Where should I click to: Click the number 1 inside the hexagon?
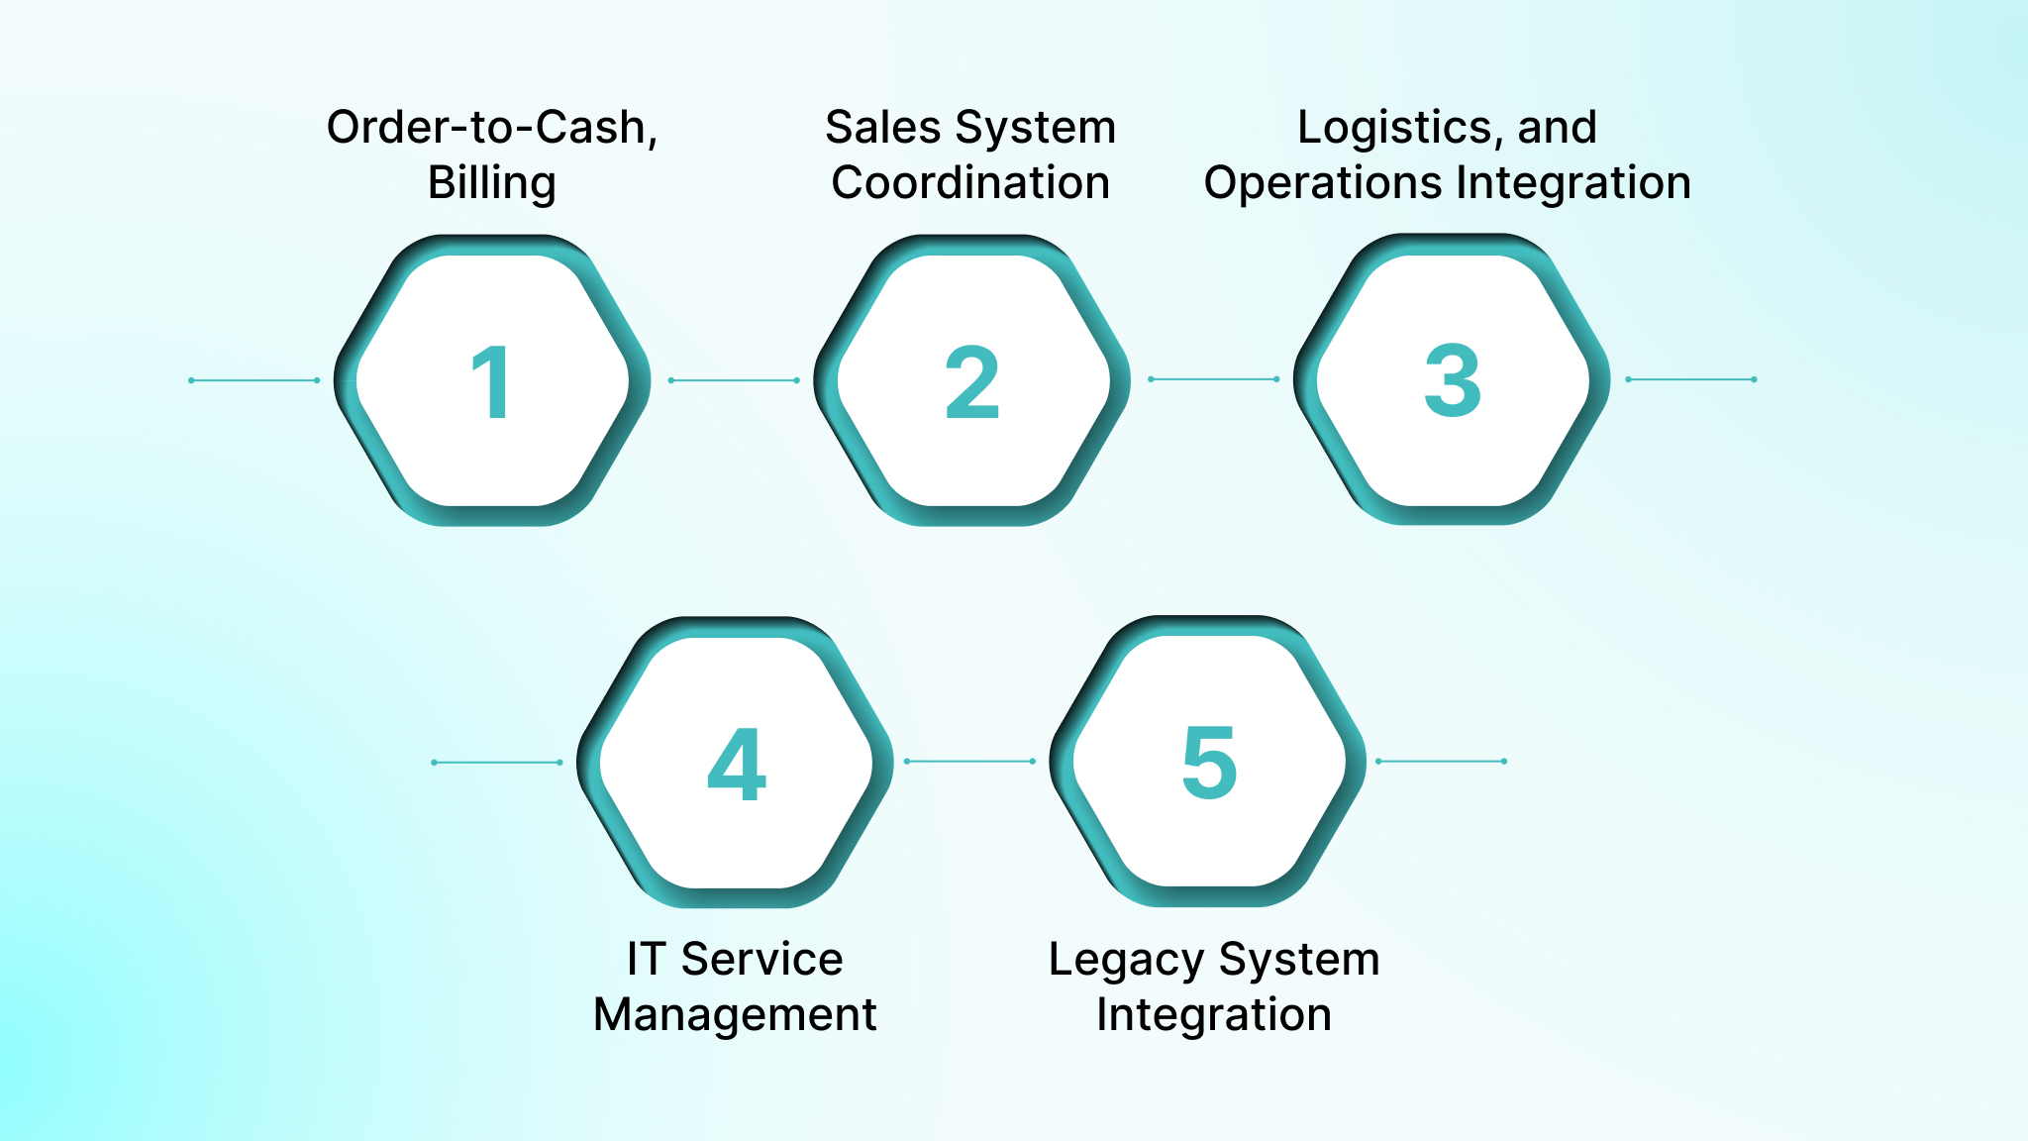[x=491, y=382]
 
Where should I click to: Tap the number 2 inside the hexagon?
[x=971, y=382]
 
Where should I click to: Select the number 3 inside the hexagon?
[x=1452, y=380]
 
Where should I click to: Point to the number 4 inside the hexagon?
[x=737, y=764]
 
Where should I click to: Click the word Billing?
[x=491, y=183]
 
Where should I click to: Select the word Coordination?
[x=970, y=183]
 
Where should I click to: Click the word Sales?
[x=883, y=128]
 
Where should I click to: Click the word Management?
[x=735, y=1015]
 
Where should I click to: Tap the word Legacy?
[x=1126, y=960]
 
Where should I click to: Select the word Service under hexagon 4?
[x=761, y=960]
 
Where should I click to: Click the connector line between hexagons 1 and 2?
[x=734, y=380]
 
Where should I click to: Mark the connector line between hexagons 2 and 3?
[x=1213, y=379]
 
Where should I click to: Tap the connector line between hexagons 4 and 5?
[x=969, y=762]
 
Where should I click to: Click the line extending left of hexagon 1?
[x=253, y=380]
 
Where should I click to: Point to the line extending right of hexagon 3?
[x=1691, y=379]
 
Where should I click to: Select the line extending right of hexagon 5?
[x=1441, y=762]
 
